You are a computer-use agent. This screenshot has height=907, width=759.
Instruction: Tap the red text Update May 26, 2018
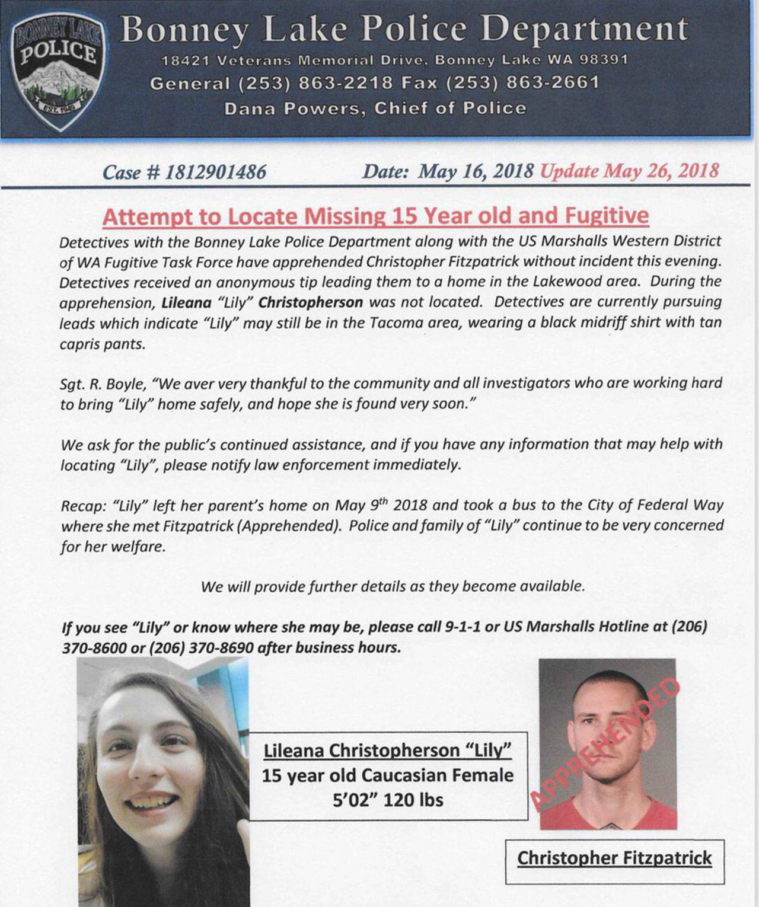click(630, 171)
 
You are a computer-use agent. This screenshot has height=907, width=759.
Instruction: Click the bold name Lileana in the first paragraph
click(186, 302)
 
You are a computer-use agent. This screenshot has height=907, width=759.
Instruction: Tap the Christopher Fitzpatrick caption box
click(614, 858)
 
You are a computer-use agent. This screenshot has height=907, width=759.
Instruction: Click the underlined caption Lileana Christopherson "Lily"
click(387, 750)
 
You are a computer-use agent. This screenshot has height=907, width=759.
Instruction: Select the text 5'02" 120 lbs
click(388, 800)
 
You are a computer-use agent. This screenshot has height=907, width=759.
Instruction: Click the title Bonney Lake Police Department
click(404, 29)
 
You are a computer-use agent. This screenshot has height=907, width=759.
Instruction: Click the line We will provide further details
click(393, 587)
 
